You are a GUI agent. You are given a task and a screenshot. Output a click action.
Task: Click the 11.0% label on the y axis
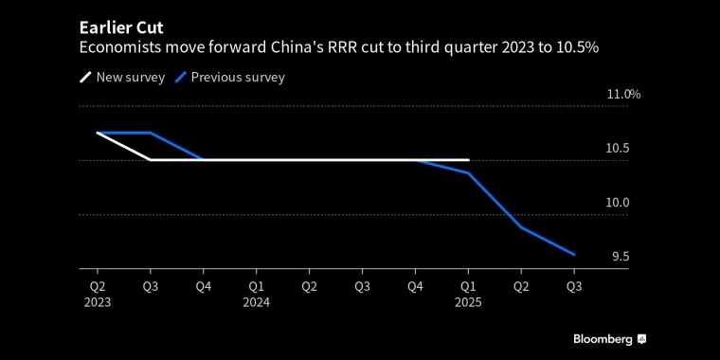tap(623, 94)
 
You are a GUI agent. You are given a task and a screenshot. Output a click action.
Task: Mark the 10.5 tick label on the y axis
tap(618, 148)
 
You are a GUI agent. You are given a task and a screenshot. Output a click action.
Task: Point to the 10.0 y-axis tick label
tap(618, 203)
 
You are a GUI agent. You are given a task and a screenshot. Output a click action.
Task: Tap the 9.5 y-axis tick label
tap(620, 257)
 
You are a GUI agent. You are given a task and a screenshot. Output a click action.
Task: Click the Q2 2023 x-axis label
tap(98, 293)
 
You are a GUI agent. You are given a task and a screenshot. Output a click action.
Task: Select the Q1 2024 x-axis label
tap(257, 293)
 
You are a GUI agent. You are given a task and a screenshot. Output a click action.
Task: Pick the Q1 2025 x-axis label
tap(468, 293)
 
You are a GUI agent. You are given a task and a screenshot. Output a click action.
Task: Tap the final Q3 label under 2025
tap(573, 284)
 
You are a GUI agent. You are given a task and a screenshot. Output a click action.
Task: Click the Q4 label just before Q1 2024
tap(204, 284)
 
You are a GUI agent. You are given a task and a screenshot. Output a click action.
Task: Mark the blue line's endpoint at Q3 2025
tap(573, 254)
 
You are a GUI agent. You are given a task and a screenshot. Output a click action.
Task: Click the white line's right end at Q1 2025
tap(468, 160)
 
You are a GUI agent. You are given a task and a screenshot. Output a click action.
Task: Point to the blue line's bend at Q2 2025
tap(520, 227)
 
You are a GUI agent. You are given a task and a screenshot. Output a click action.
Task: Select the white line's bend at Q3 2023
tap(151, 160)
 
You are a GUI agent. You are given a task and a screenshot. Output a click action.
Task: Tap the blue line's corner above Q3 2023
tap(151, 133)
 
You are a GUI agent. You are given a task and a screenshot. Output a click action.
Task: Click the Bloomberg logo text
tap(603, 339)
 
